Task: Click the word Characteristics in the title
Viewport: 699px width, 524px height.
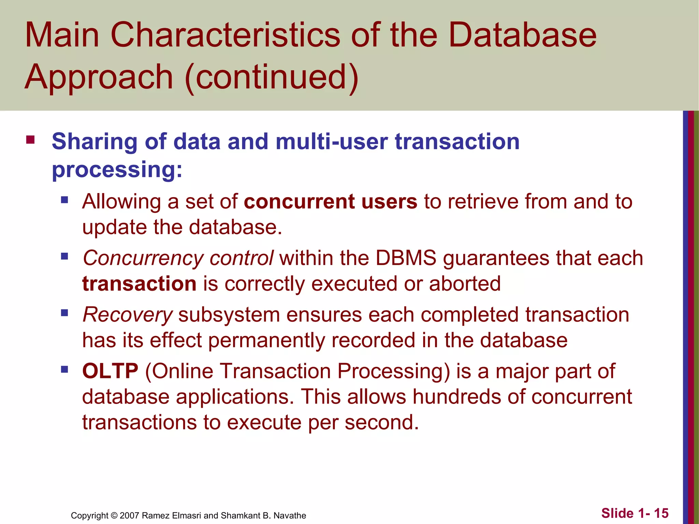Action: (x=225, y=35)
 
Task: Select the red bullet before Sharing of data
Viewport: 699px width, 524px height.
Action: (x=30, y=140)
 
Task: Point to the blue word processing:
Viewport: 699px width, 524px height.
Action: (x=117, y=170)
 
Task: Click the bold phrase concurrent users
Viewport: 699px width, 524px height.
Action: (x=330, y=201)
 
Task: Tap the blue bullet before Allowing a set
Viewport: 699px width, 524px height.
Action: (x=65, y=200)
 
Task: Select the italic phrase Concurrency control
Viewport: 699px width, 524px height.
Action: (x=178, y=258)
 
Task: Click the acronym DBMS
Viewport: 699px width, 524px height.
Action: (x=406, y=258)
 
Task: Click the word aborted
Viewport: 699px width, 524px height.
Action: (x=465, y=284)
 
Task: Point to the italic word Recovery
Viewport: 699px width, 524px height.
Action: (x=128, y=315)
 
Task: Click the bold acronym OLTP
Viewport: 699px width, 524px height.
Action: (x=110, y=371)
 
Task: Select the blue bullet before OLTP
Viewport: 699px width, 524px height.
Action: (x=65, y=369)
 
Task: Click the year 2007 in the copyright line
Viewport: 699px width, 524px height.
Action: (x=129, y=515)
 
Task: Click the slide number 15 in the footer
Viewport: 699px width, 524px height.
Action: (x=661, y=513)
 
